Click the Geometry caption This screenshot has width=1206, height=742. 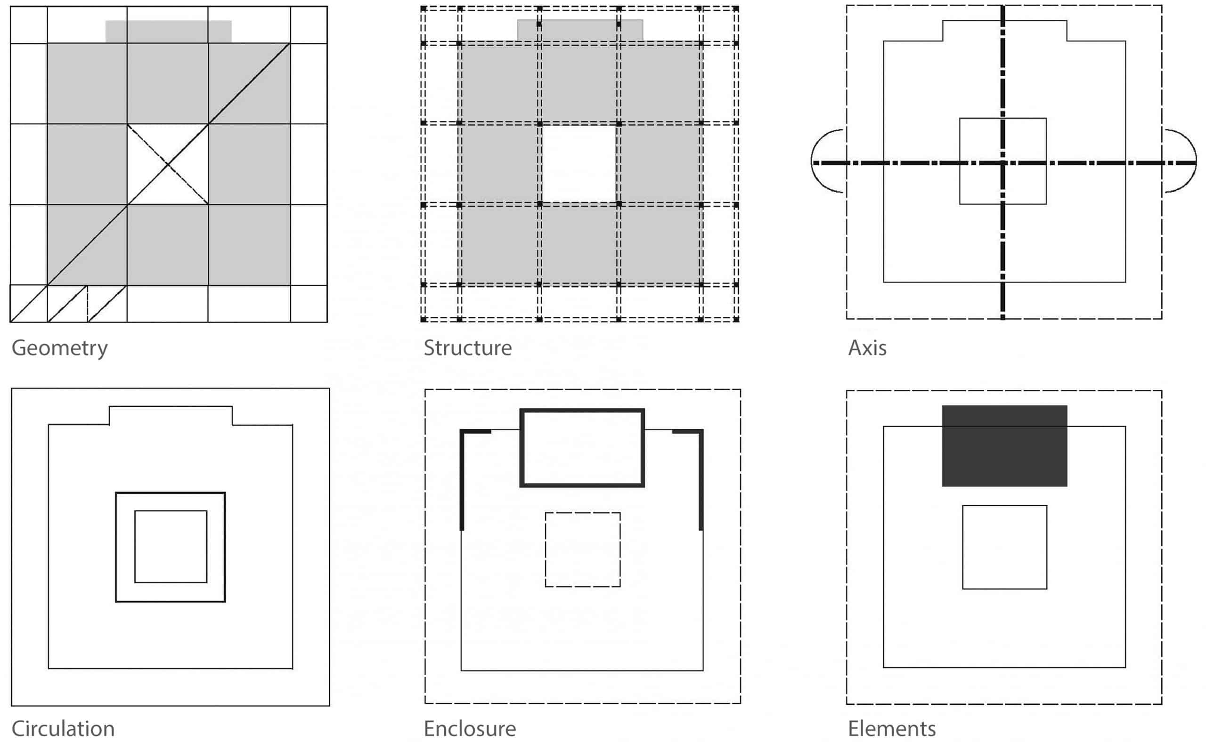[59, 348]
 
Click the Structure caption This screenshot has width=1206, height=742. [467, 348]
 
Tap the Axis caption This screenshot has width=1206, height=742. [867, 348]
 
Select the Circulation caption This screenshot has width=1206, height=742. [63, 728]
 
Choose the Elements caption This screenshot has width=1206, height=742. [892, 728]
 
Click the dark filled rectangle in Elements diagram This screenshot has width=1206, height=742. [1004, 445]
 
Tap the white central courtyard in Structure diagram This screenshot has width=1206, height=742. [579, 164]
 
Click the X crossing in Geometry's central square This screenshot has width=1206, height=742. [167, 164]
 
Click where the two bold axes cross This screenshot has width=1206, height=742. [1002, 162]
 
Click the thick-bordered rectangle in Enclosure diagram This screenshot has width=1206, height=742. [582, 448]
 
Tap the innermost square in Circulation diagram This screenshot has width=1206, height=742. [171, 547]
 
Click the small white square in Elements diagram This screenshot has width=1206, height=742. [1005, 547]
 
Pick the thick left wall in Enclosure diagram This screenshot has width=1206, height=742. [462, 481]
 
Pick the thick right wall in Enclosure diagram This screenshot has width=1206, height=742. [701, 481]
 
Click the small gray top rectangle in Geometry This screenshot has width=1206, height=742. [169, 32]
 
